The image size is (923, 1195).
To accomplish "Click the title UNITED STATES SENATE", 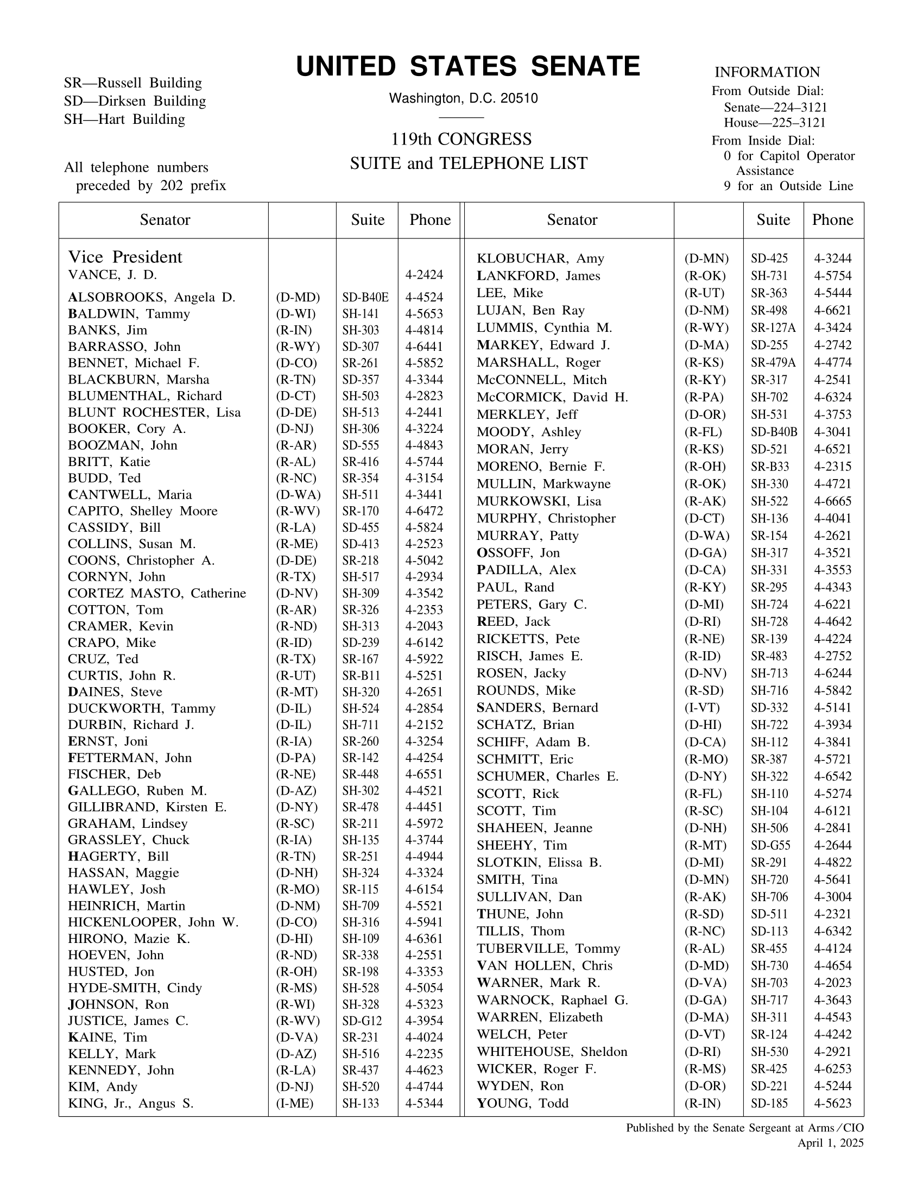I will [x=467, y=67].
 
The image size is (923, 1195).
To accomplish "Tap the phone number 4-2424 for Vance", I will [x=424, y=275].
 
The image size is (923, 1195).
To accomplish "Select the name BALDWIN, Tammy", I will [x=129, y=314].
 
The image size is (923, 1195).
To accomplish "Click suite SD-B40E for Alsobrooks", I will [x=365, y=298].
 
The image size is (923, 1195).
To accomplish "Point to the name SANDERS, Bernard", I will [x=537, y=707].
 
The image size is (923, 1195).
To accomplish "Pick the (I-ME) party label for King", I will [x=295, y=1103].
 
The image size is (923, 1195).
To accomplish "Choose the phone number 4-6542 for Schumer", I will [x=832, y=776].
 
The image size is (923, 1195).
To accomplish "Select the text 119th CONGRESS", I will [x=461, y=140].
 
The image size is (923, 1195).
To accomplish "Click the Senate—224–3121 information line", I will [x=775, y=107].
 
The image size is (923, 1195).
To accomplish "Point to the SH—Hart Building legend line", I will [x=125, y=119].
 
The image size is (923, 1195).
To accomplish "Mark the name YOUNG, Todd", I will [x=522, y=1103].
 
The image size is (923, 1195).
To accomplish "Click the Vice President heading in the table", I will [x=125, y=257].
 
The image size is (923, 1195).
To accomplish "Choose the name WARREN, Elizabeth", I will [x=539, y=1017].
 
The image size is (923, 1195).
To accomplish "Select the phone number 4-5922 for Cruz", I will [x=424, y=659].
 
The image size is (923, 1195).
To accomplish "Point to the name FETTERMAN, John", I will [x=130, y=758].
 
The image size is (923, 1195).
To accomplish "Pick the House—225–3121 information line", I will [x=774, y=123].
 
